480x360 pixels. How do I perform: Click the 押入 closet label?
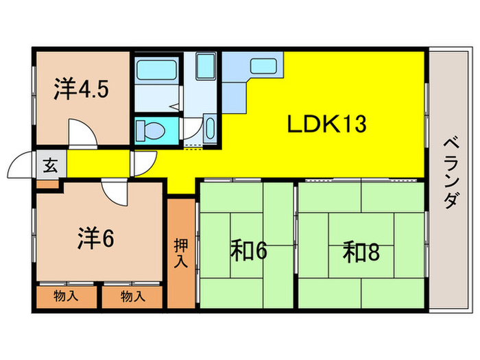click(x=181, y=253)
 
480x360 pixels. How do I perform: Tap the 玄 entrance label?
click(x=49, y=165)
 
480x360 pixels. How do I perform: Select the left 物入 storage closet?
click(x=66, y=296)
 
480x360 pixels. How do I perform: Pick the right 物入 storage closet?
click(x=132, y=296)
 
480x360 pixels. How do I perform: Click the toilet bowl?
click(x=149, y=130)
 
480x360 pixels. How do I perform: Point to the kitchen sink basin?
click(x=263, y=67)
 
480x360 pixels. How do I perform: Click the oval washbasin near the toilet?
click(x=210, y=128)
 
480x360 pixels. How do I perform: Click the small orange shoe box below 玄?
click(x=48, y=183)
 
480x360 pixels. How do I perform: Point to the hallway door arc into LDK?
click(x=143, y=163)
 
